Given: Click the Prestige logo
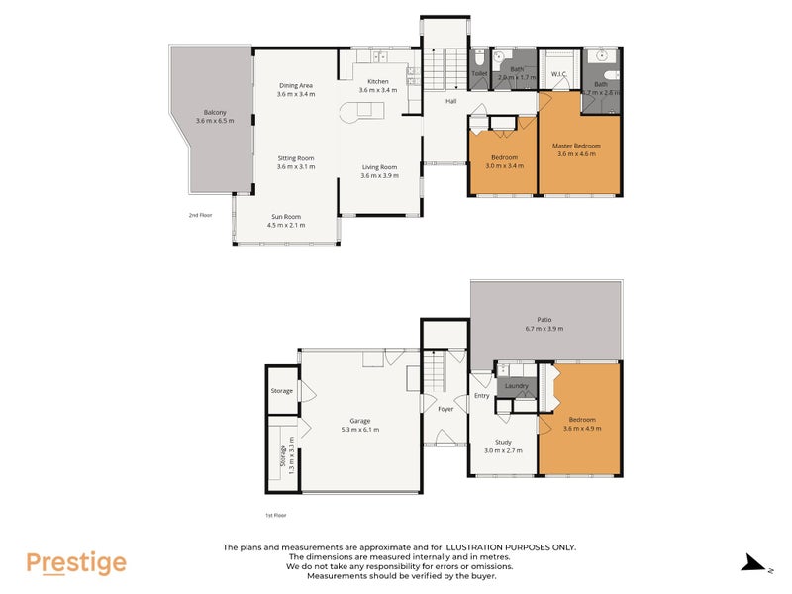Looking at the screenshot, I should (x=76, y=563).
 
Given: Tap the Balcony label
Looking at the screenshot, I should (x=215, y=117).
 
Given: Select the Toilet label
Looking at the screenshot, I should (x=479, y=73).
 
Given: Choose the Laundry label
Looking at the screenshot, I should (x=517, y=386).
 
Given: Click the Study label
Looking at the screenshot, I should (x=504, y=443).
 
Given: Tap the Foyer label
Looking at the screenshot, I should (x=445, y=408).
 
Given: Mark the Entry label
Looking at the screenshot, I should (x=482, y=396).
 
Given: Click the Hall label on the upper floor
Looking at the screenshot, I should (x=450, y=101).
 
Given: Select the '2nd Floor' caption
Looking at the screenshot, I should (x=201, y=214).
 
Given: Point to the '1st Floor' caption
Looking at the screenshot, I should (x=274, y=515).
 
